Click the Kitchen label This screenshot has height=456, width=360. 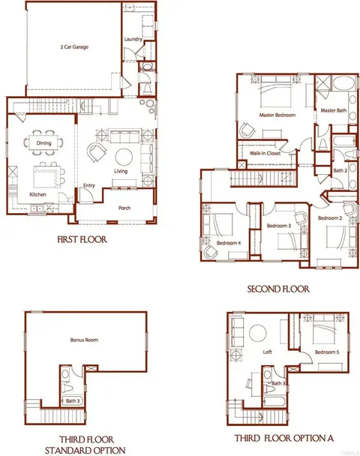click(x=39, y=193)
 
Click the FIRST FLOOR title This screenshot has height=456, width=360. click(x=81, y=241)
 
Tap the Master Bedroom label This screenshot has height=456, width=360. click(x=277, y=115)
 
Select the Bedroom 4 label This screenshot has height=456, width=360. click(x=229, y=243)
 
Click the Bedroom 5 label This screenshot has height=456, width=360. click(x=327, y=352)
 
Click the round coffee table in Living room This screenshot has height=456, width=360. click(x=124, y=157)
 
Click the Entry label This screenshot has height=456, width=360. click(x=89, y=185)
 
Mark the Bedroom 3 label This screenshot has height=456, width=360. click(x=279, y=225)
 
